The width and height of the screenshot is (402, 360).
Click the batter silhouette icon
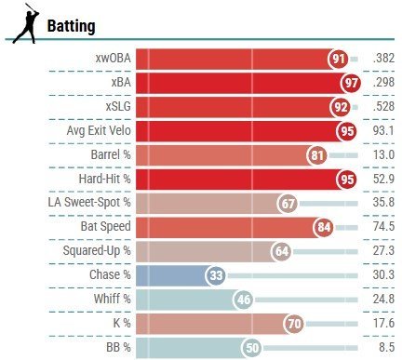(x=25, y=24)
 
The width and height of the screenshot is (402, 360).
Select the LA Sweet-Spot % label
(x=89, y=202)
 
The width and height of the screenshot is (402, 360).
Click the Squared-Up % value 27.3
(x=382, y=250)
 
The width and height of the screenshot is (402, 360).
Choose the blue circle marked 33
(x=217, y=275)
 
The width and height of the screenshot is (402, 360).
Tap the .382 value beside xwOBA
(x=382, y=58)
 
